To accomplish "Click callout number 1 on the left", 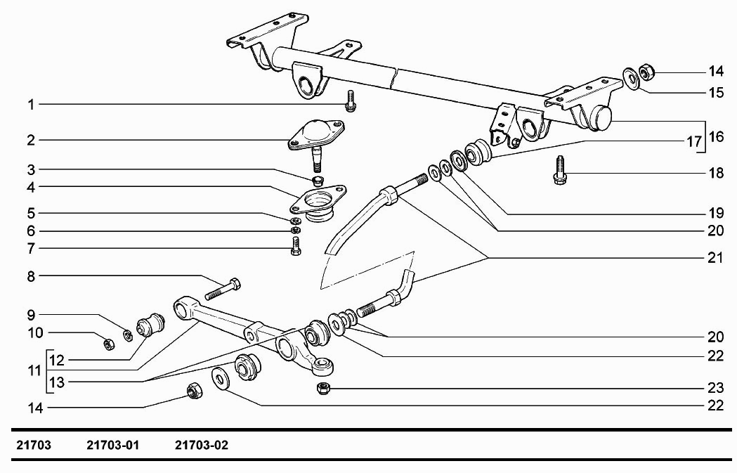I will click(31, 105).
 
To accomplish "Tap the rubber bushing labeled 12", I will click(150, 323).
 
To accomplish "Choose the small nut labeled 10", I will click(109, 344).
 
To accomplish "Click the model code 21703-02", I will click(202, 446).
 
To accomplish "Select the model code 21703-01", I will click(114, 446).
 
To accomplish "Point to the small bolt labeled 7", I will click(296, 246).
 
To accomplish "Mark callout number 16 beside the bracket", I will click(715, 136).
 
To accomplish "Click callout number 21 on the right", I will click(715, 258).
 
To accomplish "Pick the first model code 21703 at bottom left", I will click(34, 446).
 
